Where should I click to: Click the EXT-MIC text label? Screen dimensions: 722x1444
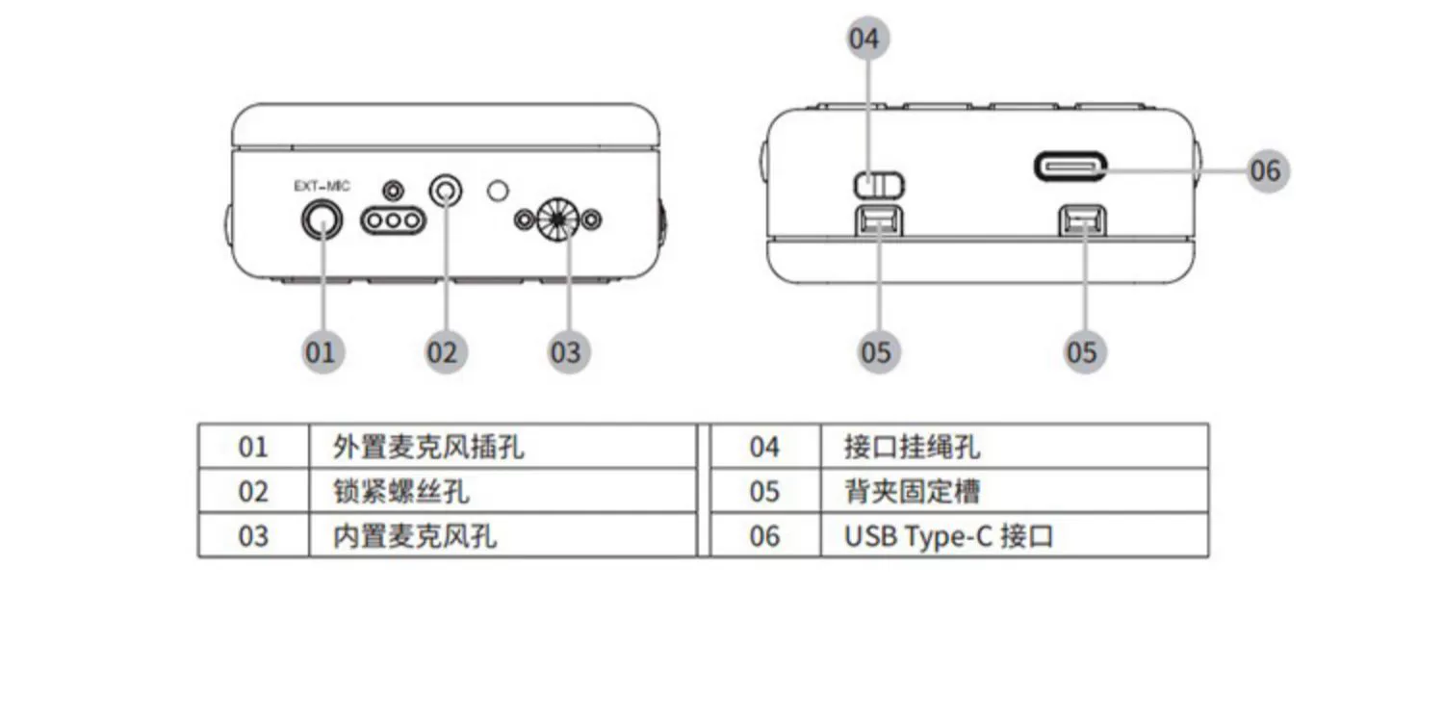coord(322,186)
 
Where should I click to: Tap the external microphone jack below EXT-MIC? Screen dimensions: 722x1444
coord(322,222)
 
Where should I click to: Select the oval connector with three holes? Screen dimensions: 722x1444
coord(392,221)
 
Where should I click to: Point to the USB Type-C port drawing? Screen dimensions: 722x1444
coord(1070,167)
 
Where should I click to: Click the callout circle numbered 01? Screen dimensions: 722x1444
coord(321,351)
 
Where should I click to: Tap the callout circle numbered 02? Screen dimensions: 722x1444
coord(443,351)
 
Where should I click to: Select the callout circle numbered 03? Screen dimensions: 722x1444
coord(566,351)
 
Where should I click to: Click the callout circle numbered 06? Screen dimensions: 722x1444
coord(1266,170)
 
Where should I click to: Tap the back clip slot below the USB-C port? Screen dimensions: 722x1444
coord(1080,222)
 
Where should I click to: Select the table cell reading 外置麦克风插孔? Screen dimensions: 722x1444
coord(428,447)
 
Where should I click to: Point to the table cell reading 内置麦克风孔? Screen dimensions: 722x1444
coord(415,536)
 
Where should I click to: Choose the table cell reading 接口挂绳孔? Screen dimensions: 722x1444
coord(912,447)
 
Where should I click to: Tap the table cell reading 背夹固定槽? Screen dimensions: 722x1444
coord(912,492)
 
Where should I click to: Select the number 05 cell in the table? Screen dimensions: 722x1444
coord(764,492)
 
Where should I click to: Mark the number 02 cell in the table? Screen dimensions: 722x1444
coord(253,492)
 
